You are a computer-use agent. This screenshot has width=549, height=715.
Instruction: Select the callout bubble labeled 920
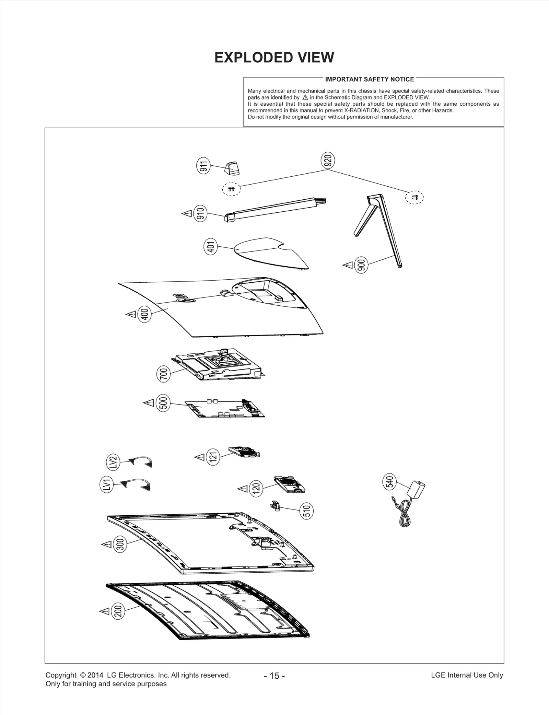328,160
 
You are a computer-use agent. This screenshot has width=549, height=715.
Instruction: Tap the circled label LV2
114,462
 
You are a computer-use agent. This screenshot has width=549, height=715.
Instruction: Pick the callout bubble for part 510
307,511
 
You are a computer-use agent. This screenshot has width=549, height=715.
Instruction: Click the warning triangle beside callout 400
131,314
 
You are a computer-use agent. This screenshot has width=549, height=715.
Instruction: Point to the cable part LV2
141,461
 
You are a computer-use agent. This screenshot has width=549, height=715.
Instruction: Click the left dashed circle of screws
231,189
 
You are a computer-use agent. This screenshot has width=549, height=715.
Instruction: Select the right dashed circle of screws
414,197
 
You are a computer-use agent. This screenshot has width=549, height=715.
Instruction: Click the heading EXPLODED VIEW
274,58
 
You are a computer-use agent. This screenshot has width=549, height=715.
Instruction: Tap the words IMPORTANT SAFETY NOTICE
370,79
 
